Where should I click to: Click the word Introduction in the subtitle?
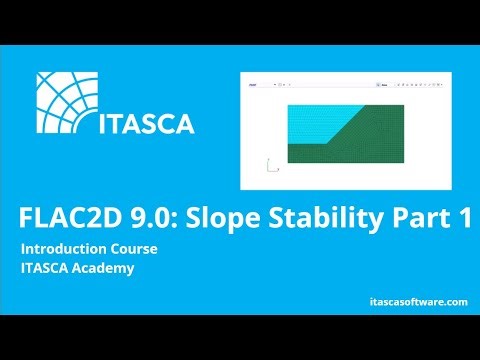(x=65, y=247)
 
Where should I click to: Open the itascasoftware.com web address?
(x=411, y=301)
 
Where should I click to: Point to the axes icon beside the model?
(x=272, y=166)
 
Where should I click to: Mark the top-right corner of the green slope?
(x=404, y=105)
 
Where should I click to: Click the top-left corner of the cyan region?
(x=287, y=105)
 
